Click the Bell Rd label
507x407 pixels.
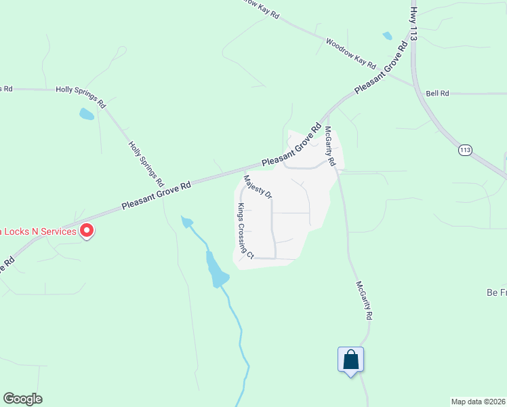[x=437, y=93]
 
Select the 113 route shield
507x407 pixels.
[x=464, y=150]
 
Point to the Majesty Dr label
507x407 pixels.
[x=258, y=187]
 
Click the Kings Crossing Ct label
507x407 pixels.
[x=245, y=231]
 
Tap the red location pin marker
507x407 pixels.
[x=87, y=231]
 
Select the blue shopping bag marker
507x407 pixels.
[x=351, y=360]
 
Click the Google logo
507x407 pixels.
[x=22, y=399]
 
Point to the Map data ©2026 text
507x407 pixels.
[x=479, y=402]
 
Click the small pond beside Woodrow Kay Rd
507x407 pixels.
[x=387, y=36]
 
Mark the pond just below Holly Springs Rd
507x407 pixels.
[x=87, y=114]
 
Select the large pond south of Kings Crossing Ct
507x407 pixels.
[x=218, y=271]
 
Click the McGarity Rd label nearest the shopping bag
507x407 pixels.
[x=363, y=301]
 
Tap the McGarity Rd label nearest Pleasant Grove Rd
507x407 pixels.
[x=329, y=147]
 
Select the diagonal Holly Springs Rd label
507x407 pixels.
[x=146, y=163]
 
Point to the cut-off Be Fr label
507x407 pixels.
[x=497, y=292]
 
